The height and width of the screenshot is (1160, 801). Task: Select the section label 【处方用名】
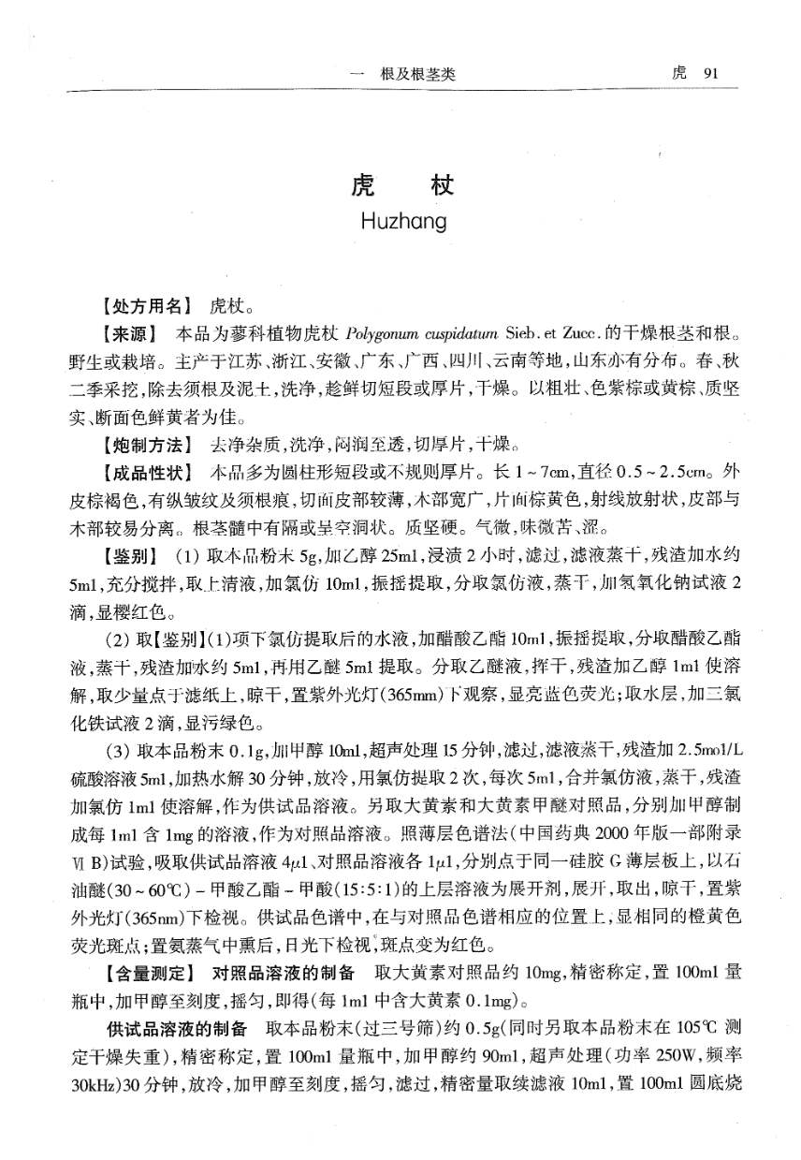(x=148, y=305)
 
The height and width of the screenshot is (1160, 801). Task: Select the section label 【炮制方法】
(x=148, y=442)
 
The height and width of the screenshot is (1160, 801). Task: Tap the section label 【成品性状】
(x=148, y=471)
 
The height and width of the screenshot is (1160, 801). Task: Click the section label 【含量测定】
(x=148, y=970)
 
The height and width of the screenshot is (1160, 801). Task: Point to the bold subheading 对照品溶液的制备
(x=284, y=970)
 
